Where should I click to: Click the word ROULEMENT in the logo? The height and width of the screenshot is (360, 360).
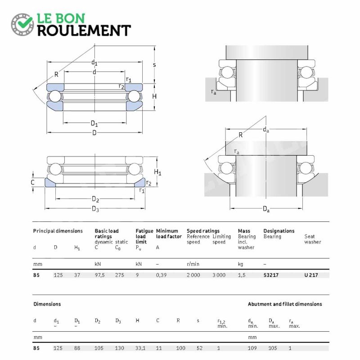(84, 31)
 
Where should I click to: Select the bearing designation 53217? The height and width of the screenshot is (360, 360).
(271, 275)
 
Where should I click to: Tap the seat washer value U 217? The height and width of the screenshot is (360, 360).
(311, 275)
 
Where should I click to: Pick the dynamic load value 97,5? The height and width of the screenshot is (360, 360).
(99, 275)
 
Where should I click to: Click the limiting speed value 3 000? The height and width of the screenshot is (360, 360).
(219, 275)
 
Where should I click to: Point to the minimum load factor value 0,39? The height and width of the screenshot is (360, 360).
(161, 275)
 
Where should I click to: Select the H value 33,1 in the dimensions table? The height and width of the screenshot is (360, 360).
(140, 348)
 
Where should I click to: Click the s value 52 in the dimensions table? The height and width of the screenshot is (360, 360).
(199, 348)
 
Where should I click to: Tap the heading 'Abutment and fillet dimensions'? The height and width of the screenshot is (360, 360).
(285, 304)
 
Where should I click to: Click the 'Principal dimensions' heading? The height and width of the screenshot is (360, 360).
(58, 231)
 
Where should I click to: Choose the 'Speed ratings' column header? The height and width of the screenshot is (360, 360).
(203, 231)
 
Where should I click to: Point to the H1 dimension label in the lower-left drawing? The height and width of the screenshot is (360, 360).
(157, 172)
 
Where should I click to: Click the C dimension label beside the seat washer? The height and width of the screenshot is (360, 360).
(32, 182)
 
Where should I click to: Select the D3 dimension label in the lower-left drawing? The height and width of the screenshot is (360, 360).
(95, 209)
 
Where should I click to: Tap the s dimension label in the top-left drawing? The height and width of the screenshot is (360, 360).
(154, 65)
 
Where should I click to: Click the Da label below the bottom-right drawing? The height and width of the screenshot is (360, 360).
(266, 209)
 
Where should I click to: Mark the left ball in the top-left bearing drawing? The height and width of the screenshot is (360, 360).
(55, 96)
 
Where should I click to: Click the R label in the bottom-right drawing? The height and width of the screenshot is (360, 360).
(241, 135)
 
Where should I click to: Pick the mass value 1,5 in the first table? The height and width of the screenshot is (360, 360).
(242, 275)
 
